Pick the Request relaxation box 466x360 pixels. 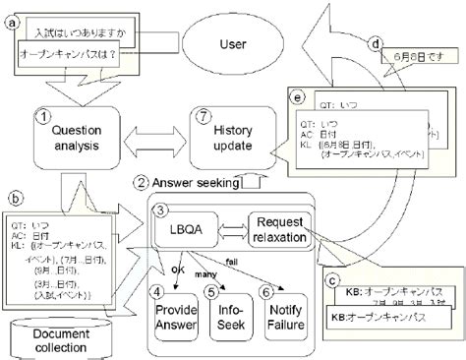(x=280, y=232)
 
